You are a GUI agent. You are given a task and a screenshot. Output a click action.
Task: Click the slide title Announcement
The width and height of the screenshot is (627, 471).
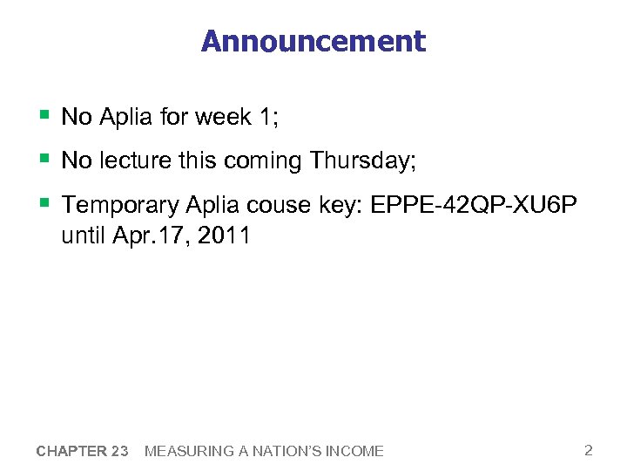(x=313, y=41)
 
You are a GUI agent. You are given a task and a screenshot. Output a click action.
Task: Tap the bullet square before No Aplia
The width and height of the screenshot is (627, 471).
(x=43, y=115)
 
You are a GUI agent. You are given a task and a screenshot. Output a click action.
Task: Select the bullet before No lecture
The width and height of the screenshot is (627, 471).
(x=43, y=160)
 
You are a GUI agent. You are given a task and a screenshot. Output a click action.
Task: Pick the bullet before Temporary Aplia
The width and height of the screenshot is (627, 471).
(x=43, y=203)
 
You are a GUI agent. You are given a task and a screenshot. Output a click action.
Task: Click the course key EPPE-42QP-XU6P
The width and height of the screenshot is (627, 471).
(x=474, y=205)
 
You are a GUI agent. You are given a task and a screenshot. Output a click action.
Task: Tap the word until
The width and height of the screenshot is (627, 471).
(x=84, y=235)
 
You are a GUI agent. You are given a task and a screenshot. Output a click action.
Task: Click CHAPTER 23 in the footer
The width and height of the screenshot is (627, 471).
(x=83, y=451)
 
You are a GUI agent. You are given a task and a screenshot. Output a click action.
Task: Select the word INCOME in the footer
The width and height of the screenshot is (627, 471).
(x=357, y=451)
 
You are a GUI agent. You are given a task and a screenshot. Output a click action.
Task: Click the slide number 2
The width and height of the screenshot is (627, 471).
(x=589, y=450)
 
